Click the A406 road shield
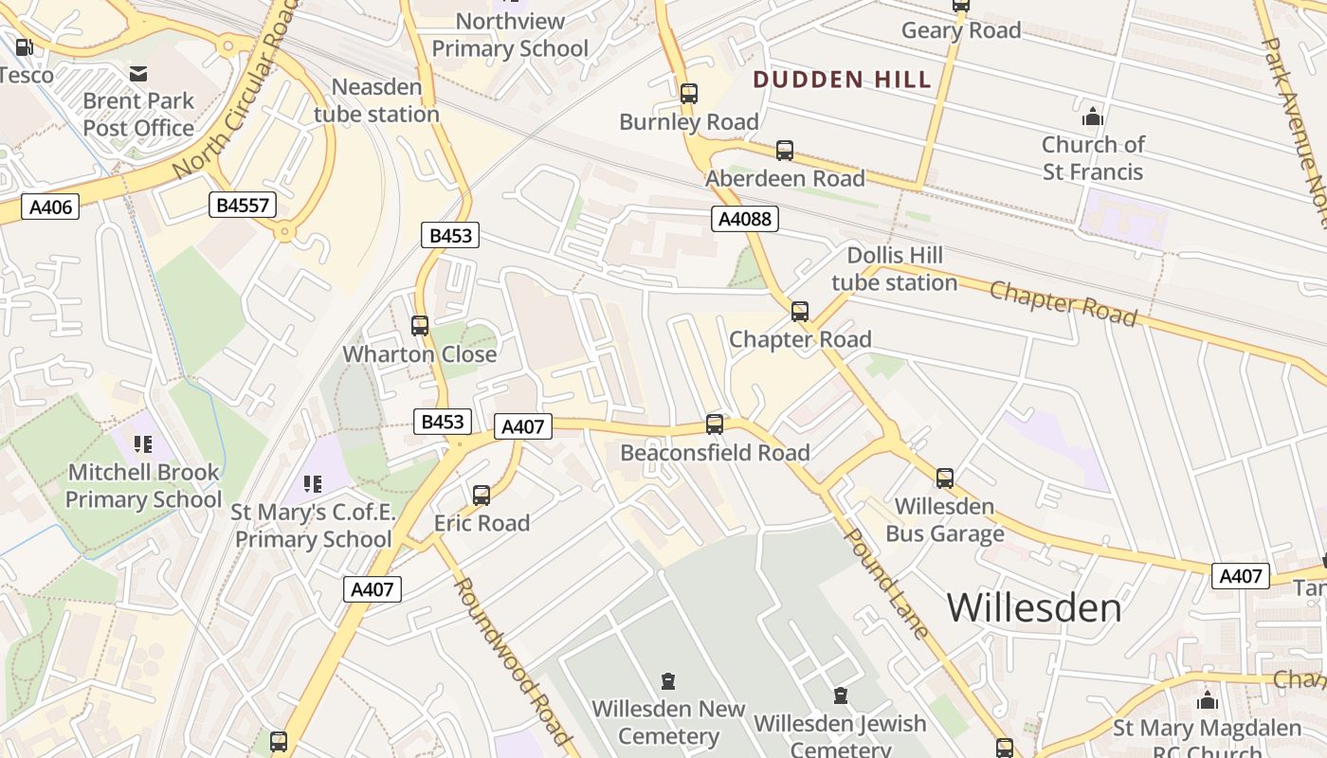click(x=50, y=206)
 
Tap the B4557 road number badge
click(x=244, y=205)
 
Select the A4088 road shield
click(x=745, y=220)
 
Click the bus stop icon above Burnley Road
click(x=689, y=94)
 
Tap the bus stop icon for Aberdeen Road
click(x=785, y=150)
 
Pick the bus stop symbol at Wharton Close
click(x=420, y=326)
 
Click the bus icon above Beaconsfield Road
click(x=715, y=424)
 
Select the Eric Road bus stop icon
click(x=482, y=495)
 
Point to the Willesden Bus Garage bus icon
click(x=945, y=478)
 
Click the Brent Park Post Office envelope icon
click(x=138, y=73)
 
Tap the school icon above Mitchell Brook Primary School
click(x=143, y=443)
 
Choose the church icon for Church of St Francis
click(x=1093, y=117)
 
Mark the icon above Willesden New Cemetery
click(x=668, y=681)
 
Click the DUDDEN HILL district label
click(x=843, y=80)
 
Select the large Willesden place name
click(x=1034, y=607)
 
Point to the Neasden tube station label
click(x=376, y=100)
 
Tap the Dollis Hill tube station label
click(x=895, y=269)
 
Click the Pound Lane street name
click(x=886, y=583)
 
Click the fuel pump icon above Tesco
click(x=25, y=46)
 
